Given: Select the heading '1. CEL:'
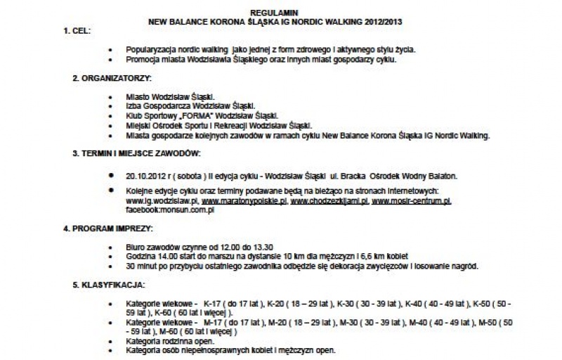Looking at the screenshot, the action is point(77,32).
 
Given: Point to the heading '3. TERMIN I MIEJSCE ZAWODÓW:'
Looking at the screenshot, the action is point(138,153).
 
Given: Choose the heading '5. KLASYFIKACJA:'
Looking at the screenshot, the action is point(109,285).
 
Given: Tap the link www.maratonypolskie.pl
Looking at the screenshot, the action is point(244,201).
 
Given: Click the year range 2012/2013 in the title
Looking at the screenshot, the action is point(383,22).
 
